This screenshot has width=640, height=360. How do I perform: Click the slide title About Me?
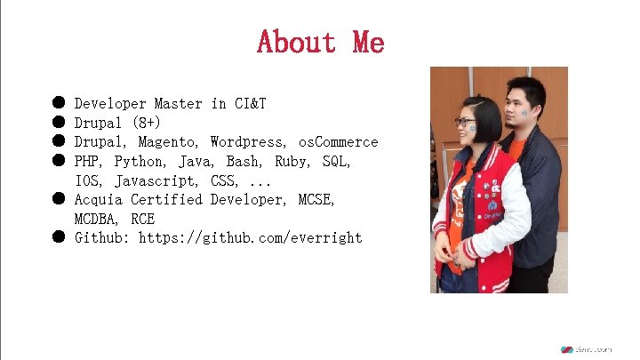(320, 41)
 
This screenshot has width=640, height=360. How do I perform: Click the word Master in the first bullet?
(179, 104)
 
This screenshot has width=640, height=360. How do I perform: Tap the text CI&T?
(251, 104)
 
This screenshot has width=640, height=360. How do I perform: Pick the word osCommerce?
(338, 142)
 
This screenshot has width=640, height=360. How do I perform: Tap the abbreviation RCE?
(142, 219)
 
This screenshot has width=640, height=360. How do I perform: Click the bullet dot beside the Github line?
(57, 237)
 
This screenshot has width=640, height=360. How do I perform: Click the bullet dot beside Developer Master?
(57, 104)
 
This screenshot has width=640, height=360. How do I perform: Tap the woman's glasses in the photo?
(464, 123)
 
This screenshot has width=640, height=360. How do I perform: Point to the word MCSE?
(316, 200)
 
